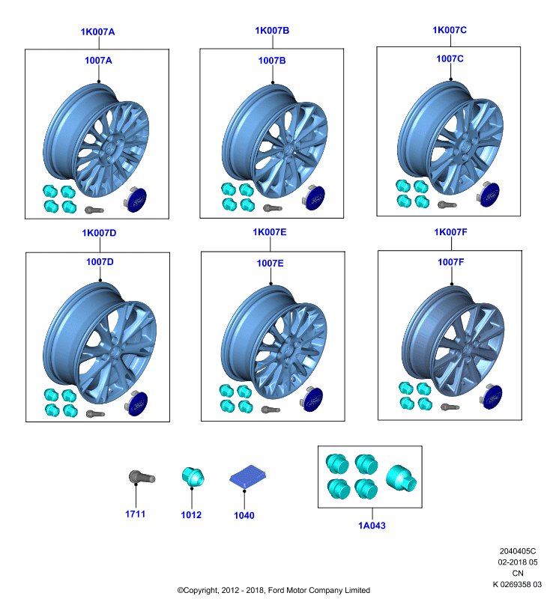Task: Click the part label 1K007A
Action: [x=97, y=31]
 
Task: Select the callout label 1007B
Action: [x=272, y=61]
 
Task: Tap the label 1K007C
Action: [x=450, y=30]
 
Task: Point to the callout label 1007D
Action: [x=100, y=261]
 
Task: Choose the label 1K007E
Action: [x=270, y=232]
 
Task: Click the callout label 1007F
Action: [x=450, y=262]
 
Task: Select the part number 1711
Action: [x=136, y=514]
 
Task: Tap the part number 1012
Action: [x=191, y=514]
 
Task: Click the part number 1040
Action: [x=244, y=515]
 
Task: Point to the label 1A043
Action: [x=372, y=526]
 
